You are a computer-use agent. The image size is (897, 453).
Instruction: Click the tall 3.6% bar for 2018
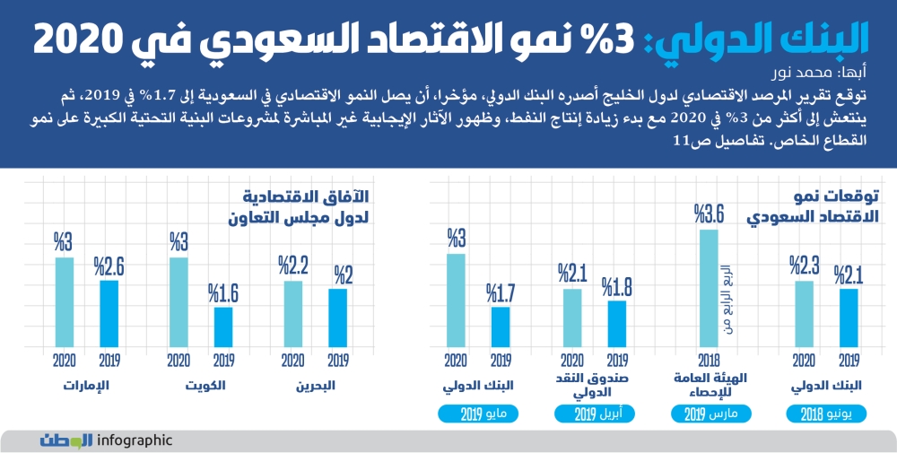tap(709, 287)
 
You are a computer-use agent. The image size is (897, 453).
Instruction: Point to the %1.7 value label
tap(501, 292)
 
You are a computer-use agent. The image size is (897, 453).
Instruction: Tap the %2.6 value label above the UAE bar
tap(109, 266)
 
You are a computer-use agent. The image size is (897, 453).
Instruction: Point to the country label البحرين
tap(316, 387)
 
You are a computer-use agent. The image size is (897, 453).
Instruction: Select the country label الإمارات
tap(86, 387)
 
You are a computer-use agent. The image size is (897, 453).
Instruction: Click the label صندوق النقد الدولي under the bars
tap(596, 386)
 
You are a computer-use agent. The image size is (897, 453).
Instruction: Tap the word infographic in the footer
tap(134, 440)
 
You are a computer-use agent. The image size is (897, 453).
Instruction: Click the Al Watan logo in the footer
tap(66, 440)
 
